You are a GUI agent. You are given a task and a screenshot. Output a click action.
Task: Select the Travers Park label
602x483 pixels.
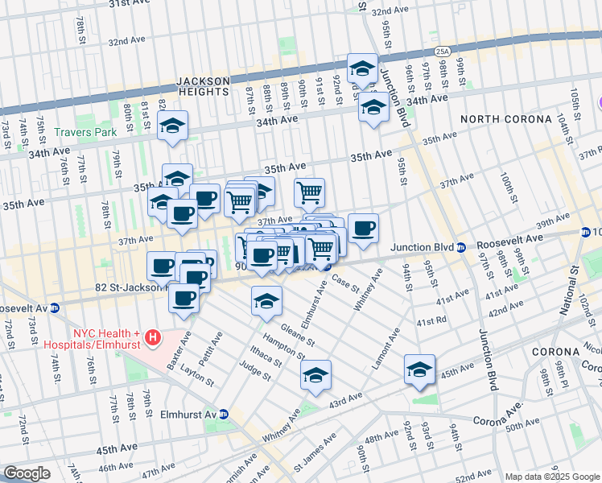tap(85, 132)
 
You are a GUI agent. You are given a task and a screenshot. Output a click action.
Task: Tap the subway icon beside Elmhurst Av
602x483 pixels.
tap(225, 414)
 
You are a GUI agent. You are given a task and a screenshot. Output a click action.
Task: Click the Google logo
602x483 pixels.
tap(27, 473)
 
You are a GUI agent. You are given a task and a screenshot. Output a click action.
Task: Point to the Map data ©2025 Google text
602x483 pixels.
tap(551, 477)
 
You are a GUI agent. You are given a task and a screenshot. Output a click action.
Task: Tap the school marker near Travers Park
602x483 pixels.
tap(171, 126)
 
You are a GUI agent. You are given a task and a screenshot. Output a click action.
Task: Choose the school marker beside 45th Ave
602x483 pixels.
tap(419, 369)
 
